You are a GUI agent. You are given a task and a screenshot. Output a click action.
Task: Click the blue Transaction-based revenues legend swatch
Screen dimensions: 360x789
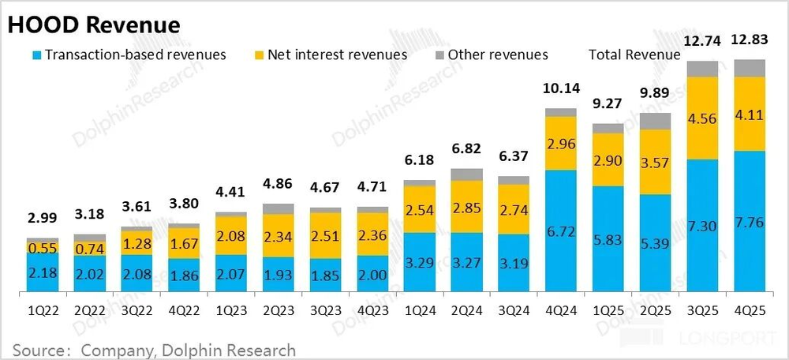pyautogui.click(x=35, y=55)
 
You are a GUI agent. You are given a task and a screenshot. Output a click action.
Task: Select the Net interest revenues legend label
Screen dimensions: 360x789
pyautogui.click(x=337, y=54)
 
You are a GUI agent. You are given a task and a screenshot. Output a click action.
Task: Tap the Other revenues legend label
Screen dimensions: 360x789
pyautogui.click(x=497, y=54)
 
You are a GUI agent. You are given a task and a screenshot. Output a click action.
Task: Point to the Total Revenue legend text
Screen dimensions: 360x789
pyautogui.click(x=634, y=54)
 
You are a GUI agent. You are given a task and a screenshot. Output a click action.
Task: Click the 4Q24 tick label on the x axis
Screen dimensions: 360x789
pyautogui.click(x=561, y=311)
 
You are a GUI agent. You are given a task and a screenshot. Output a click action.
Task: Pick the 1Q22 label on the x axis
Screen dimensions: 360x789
pyautogui.click(x=42, y=311)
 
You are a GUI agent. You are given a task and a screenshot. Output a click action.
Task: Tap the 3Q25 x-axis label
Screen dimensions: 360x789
pyautogui.click(x=702, y=311)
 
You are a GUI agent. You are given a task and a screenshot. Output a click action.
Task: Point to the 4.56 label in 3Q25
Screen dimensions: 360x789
pyautogui.click(x=702, y=119)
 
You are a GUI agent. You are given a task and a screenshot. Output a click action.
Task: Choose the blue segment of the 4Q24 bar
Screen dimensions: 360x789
pyautogui.click(x=561, y=233)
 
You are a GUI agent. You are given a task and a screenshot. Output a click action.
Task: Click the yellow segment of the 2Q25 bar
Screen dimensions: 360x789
pyautogui.click(x=656, y=161)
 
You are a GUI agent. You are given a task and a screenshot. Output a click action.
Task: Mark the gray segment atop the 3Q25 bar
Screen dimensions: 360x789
pyautogui.click(x=702, y=68)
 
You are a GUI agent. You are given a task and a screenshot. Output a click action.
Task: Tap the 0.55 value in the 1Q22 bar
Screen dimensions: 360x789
pyautogui.click(x=42, y=247)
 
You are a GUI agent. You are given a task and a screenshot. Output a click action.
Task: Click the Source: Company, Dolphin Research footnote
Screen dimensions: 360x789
pyautogui.click(x=154, y=350)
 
